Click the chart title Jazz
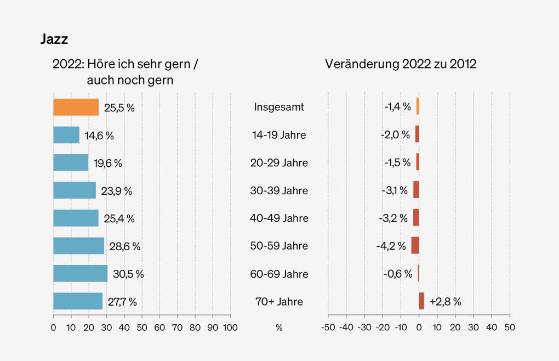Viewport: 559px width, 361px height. coord(54,40)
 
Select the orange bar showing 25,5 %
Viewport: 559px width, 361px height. coord(76,107)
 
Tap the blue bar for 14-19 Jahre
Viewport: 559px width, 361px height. coord(66,135)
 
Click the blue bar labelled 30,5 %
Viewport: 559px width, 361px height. coord(80,273)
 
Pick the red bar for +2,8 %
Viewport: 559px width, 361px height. coord(421,301)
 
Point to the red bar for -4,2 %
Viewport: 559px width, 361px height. coord(415,245)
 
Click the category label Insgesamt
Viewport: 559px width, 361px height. coord(279,107)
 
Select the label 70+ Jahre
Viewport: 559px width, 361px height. coord(279,301)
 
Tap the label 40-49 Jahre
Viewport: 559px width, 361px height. coord(279,218)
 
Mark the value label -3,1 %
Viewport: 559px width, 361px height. coord(395,190)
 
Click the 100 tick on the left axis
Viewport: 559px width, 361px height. coord(230,327)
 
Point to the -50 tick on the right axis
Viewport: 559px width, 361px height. coord(328,327)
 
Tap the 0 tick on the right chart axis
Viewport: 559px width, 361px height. coord(419,327)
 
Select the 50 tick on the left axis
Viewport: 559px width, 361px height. coord(141,327)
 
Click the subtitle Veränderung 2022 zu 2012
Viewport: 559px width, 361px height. coord(401,64)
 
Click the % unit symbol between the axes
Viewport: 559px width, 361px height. coord(279,327)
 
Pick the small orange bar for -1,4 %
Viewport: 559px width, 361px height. coord(417,107)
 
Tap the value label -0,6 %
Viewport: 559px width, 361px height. coord(397,273)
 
